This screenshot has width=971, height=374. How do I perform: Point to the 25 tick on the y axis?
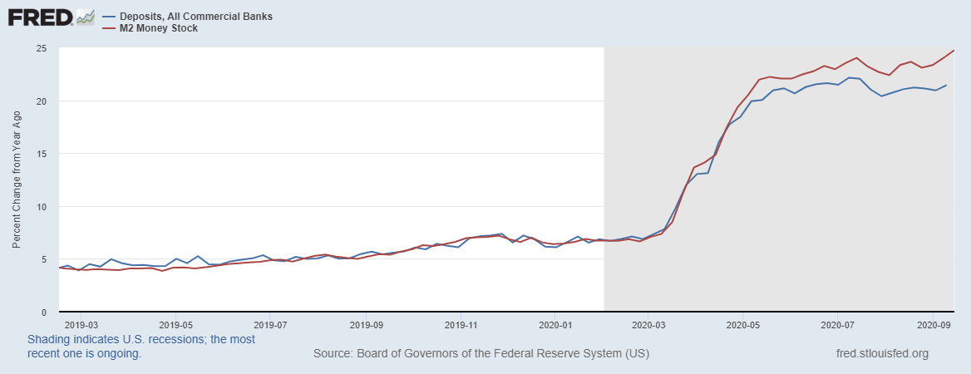click(40, 48)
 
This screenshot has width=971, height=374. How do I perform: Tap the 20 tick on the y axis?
click(40, 101)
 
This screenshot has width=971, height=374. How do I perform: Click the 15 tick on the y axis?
click(40, 154)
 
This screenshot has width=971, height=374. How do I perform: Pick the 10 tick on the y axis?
click(40, 207)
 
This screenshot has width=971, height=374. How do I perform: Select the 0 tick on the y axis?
click(42, 312)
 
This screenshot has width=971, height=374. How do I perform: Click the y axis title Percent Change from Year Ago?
click(17, 180)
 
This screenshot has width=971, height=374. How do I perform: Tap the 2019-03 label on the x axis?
click(81, 325)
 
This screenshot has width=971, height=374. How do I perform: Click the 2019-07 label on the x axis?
click(271, 325)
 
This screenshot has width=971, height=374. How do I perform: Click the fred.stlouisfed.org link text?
click(882, 354)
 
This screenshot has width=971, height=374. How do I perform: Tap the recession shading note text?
click(141, 347)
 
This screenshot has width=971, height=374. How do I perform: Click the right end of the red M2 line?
click(954, 51)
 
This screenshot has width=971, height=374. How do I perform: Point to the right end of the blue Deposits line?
click(946, 86)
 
